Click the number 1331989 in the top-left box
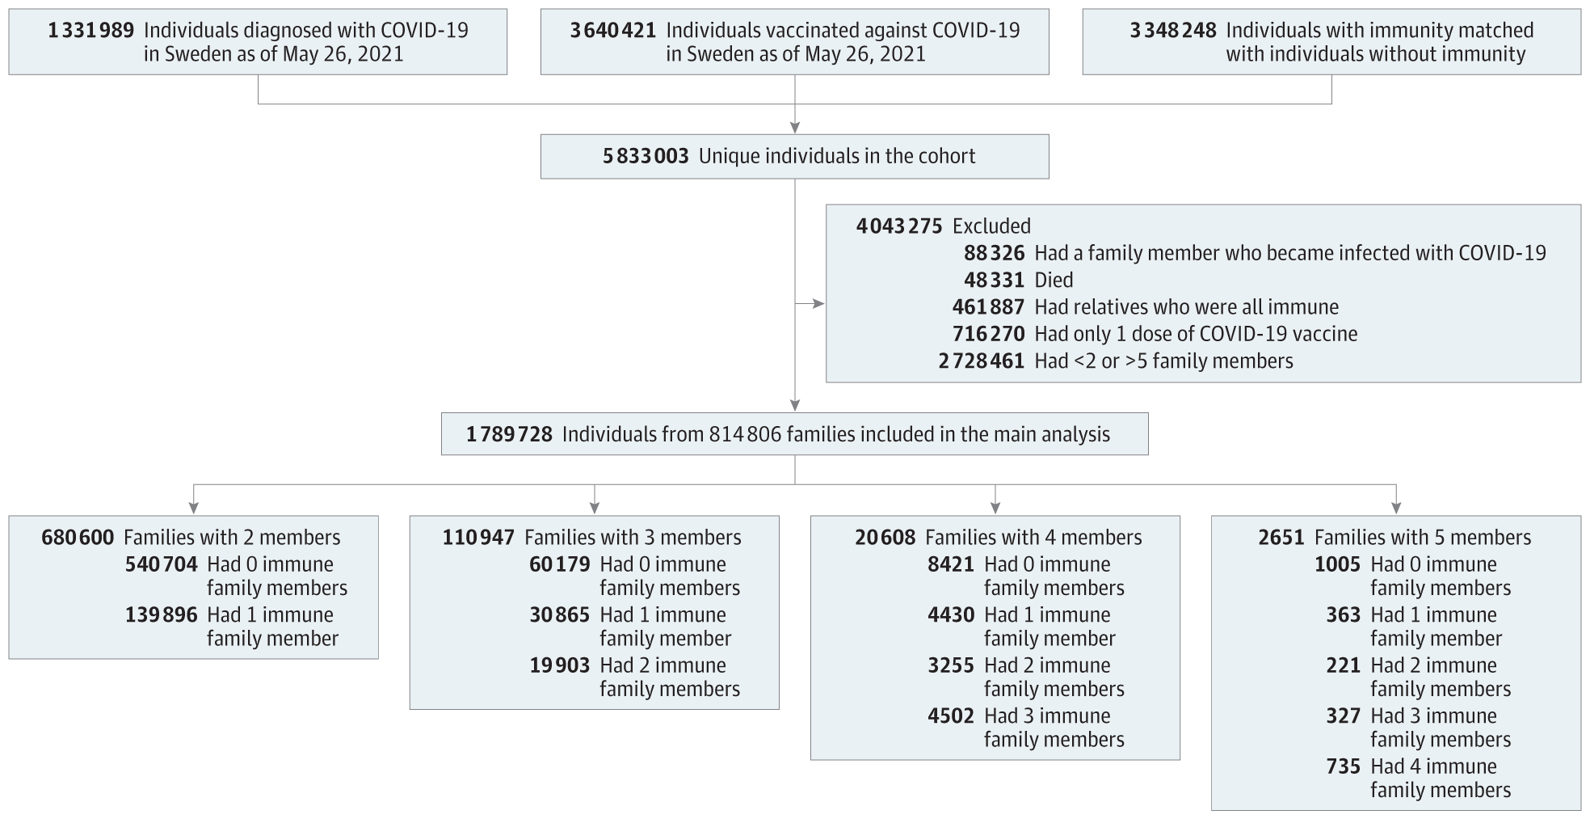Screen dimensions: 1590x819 click(91, 31)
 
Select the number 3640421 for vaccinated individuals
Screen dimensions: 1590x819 click(613, 31)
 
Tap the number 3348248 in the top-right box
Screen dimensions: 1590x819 click(1173, 31)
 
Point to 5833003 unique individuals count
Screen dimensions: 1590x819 click(646, 156)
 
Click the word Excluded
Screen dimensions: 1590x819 click(992, 226)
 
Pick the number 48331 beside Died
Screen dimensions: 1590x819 click(994, 281)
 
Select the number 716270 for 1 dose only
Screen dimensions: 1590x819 click(988, 334)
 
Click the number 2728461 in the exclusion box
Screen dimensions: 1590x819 click(982, 361)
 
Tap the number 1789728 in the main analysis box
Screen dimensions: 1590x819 click(509, 435)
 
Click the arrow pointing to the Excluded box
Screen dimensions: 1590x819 click(810, 304)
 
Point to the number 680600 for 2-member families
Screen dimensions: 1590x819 click(78, 538)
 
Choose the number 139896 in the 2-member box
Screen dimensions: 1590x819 click(161, 615)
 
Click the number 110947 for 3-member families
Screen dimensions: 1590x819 click(478, 538)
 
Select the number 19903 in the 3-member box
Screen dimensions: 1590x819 click(560, 665)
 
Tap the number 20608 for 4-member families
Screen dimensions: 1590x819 click(885, 538)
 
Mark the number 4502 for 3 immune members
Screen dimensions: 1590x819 click(951, 716)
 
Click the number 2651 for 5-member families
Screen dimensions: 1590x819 click(1281, 538)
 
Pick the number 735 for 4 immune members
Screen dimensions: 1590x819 click(1344, 766)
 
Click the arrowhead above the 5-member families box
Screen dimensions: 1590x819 click(1396, 509)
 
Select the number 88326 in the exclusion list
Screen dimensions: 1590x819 click(994, 253)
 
